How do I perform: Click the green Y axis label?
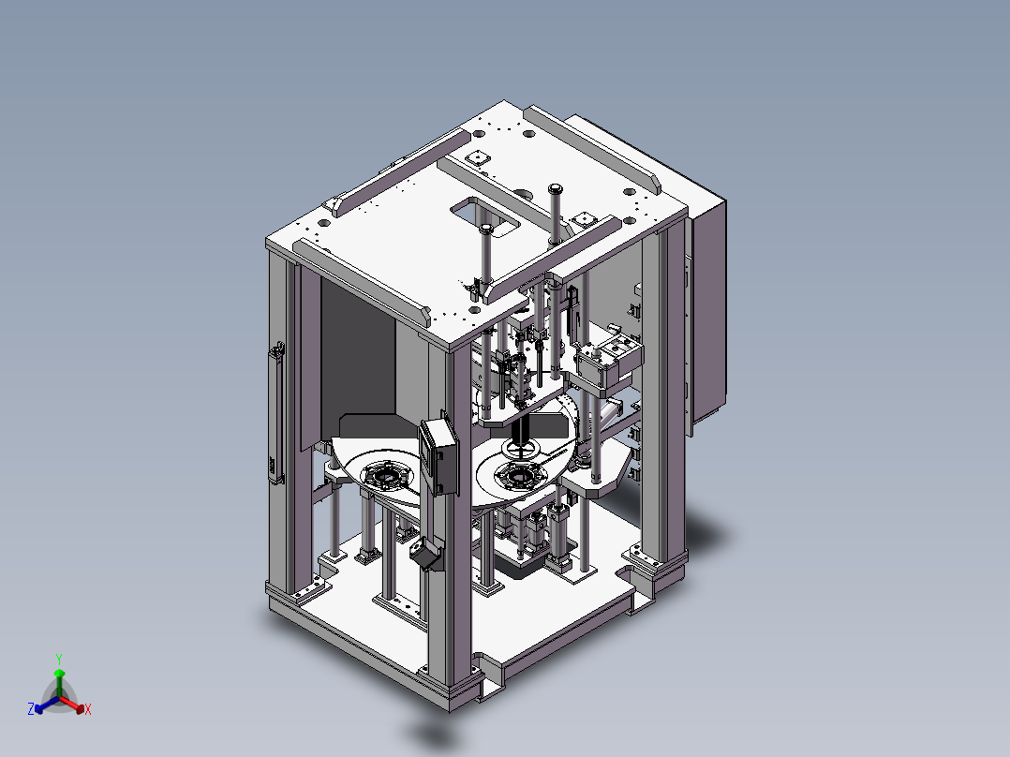pos(59,659)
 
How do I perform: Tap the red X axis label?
pos(88,709)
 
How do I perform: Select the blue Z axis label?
pos(31,709)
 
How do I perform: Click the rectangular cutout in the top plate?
pos(485,215)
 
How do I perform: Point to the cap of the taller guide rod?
pos(556,189)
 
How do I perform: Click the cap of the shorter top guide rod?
pos(486,228)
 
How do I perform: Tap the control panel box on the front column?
pos(438,454)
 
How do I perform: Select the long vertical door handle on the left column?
pos(277,412)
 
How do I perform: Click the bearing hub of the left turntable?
pos(386,476)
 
